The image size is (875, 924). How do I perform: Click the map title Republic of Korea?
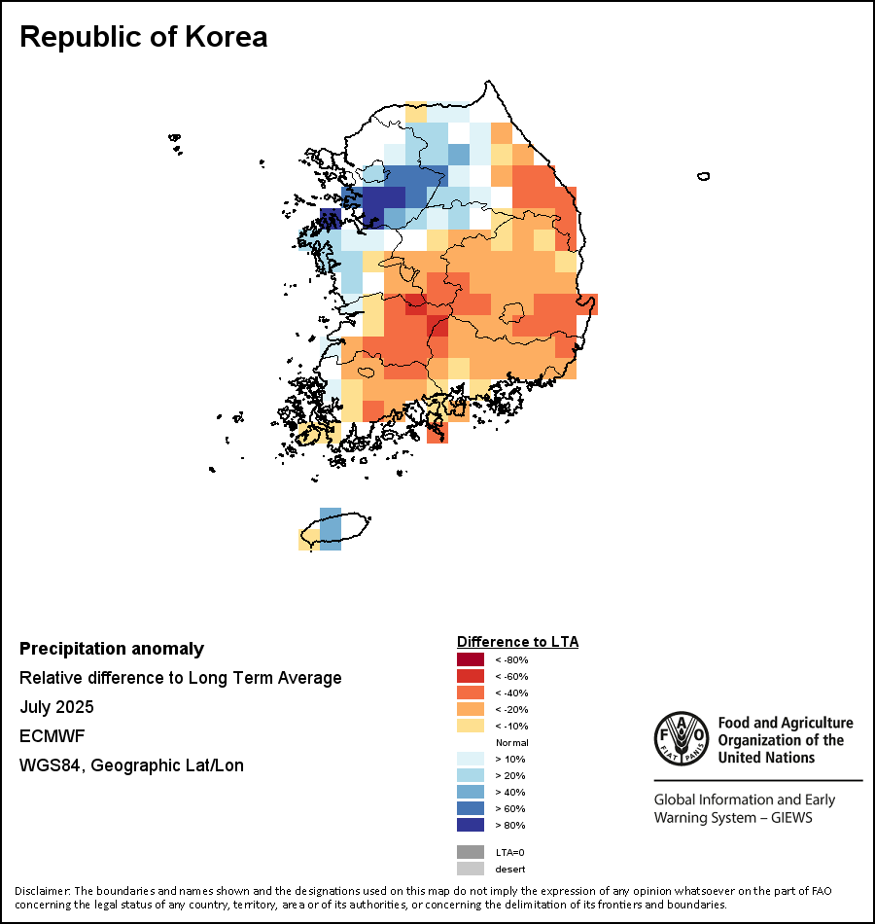(x=143, y=37)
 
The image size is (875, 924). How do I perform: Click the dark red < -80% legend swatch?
(x=470, y=659)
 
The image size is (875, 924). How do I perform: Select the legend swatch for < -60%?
(x=470, y=676)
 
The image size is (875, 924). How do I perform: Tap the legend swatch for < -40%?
(x=470, y=693)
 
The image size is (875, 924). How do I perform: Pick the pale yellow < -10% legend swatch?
(x=470, y=726)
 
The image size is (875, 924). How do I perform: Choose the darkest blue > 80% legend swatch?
(x=470, y=825)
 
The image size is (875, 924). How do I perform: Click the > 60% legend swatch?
(x=470, y=808)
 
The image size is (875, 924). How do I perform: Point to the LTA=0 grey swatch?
(x=470, y=851)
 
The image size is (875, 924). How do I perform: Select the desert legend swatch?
(x=470, y=868)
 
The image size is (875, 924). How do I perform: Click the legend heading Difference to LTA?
(x=517, y=642)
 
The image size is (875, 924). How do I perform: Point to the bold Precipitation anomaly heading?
(x=112, y=649)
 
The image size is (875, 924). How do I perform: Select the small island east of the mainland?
(x=703, y=176)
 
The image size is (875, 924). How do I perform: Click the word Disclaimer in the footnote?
(x=41, y=891)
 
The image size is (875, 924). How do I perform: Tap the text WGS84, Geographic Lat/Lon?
(x=131, y=765)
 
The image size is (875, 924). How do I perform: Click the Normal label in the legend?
(x=511, y=742)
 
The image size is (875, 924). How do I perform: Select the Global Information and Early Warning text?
(x=744, y=808)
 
